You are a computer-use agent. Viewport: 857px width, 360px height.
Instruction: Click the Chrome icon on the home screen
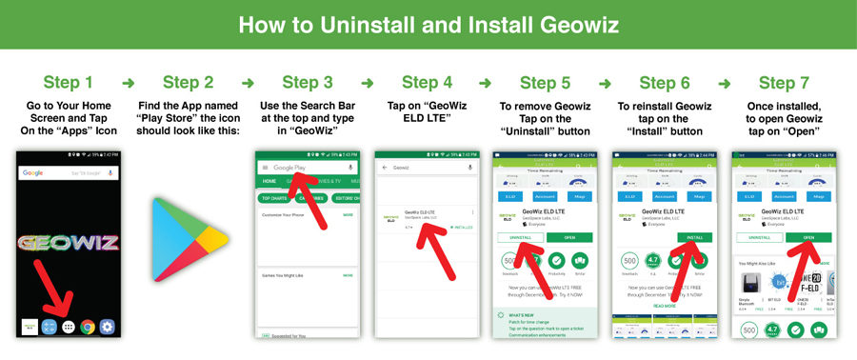point(88,327)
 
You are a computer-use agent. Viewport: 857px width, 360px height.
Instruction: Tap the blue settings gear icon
point(107,327)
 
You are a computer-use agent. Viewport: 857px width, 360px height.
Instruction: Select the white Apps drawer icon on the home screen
point(69,327)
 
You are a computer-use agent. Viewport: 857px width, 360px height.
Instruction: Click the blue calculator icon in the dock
point(50,327)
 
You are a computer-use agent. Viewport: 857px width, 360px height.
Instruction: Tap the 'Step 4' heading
point(427,83)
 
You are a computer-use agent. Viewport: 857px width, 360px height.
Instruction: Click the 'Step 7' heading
point(784,83)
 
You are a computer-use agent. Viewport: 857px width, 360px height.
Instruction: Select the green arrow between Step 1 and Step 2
point(129,83)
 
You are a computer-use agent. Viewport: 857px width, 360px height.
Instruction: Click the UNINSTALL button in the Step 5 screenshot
point(520,237)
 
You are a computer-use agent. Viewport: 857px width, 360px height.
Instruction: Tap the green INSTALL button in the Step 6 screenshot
point(695,237)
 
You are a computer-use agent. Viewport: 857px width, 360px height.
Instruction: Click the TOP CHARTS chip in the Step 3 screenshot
point(275,198)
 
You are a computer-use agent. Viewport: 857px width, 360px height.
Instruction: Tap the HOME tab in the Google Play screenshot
point(269,181)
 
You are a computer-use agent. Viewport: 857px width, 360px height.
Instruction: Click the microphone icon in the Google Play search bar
point(350,168)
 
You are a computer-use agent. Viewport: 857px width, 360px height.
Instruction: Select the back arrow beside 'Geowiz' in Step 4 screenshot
point(385,168)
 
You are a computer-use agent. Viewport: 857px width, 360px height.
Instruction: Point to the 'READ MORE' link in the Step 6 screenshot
point(664,306)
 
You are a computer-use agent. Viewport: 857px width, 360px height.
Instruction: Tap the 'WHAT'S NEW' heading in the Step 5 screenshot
point(521,315)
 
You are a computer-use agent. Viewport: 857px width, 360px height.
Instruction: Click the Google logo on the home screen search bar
point(33,173)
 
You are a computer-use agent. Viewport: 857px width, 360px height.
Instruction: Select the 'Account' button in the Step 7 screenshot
point(784,196)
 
